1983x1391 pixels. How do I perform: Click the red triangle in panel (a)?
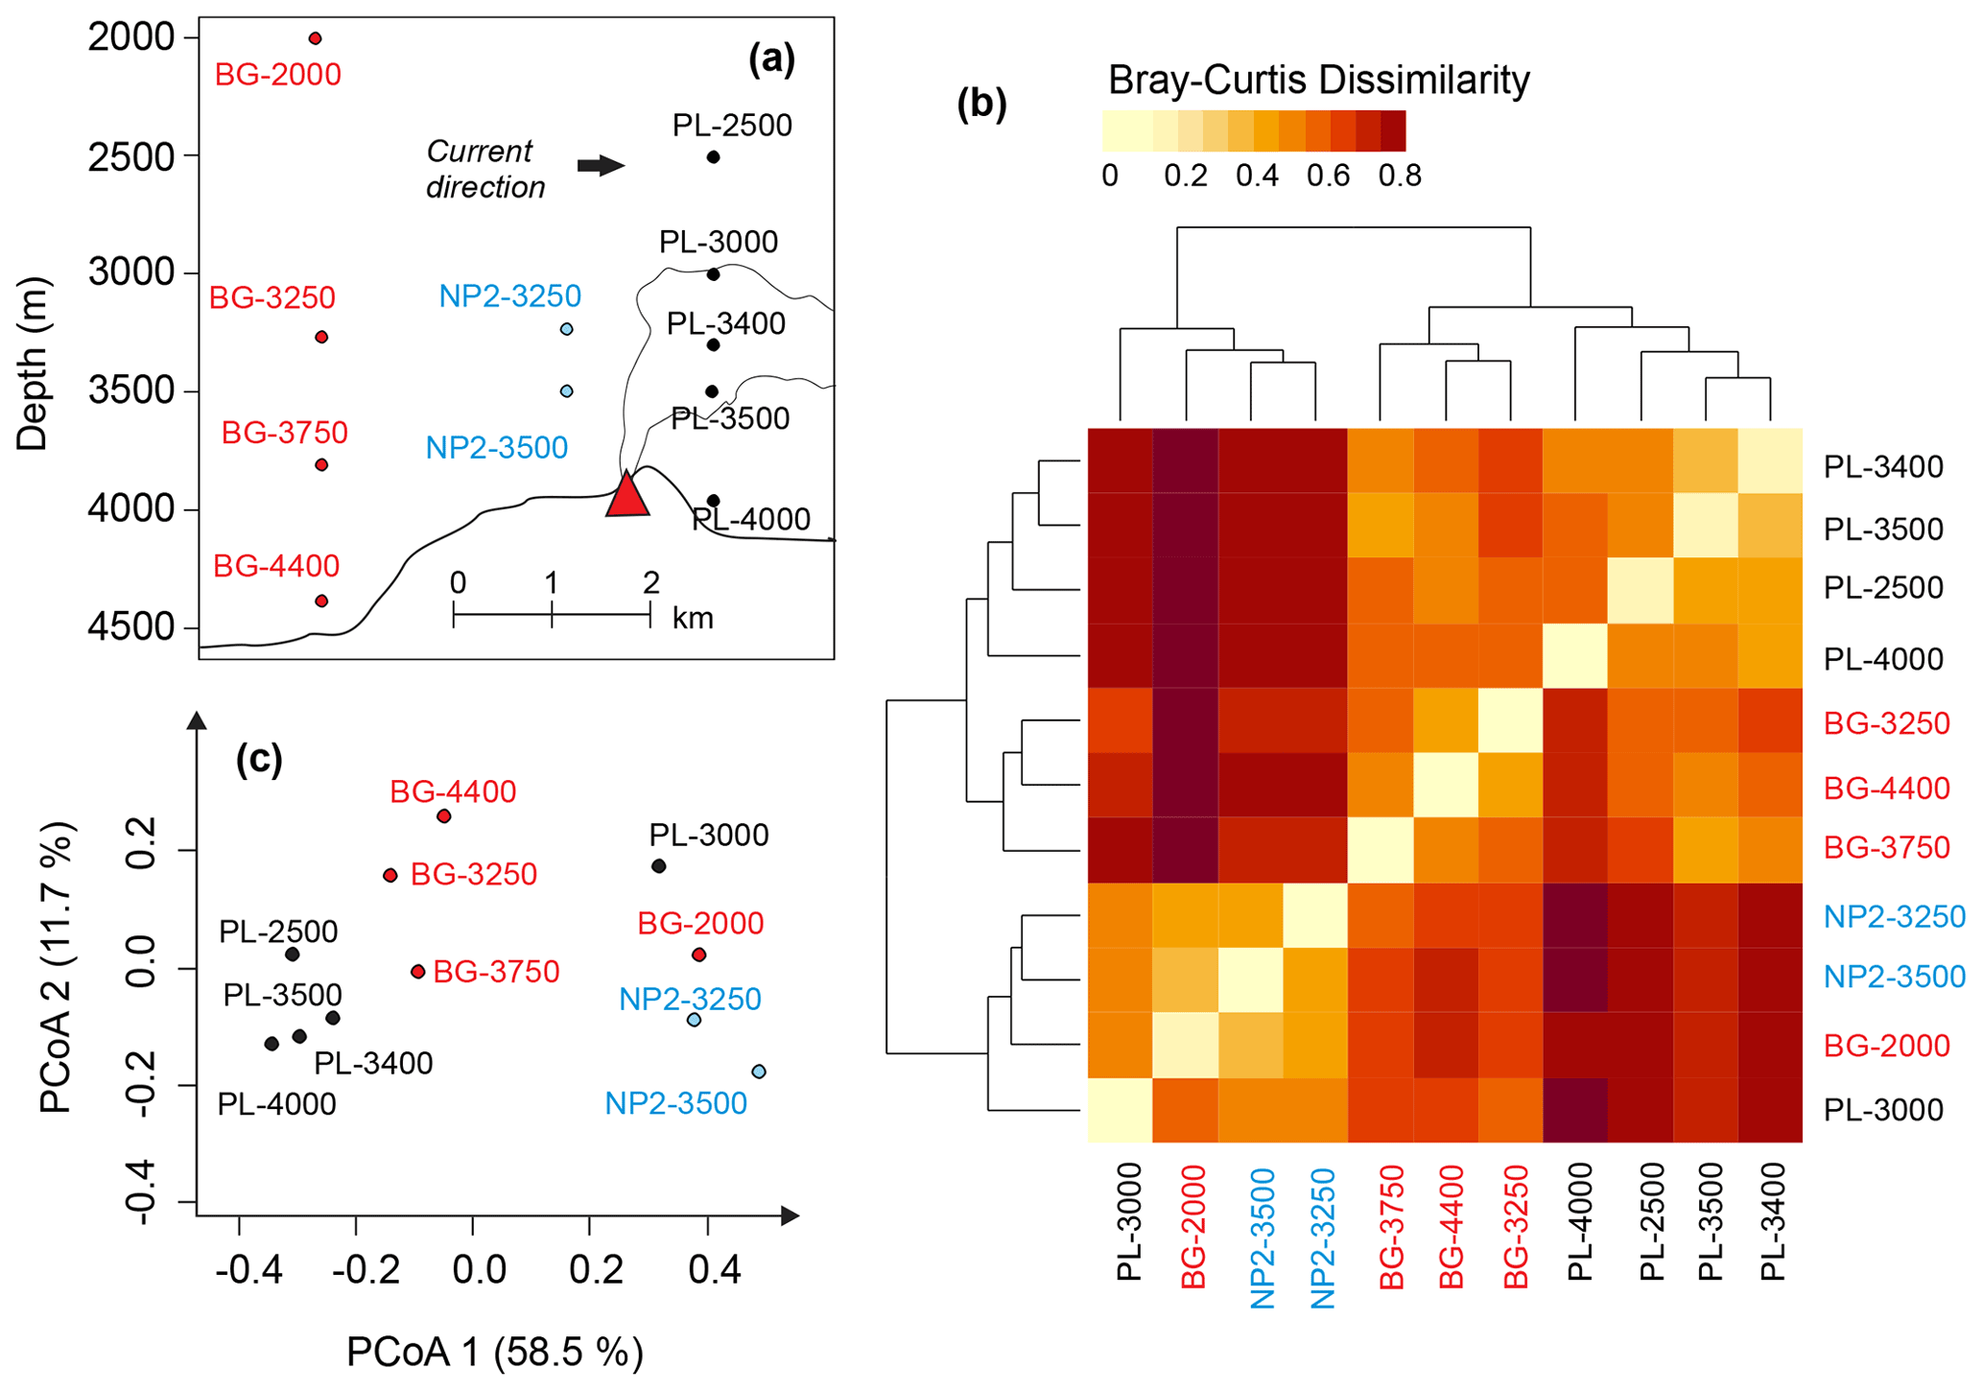[x=627, y=497]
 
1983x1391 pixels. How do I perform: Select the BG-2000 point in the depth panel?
[x=315, y=38]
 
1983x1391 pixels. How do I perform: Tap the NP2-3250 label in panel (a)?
[x=509, y=296]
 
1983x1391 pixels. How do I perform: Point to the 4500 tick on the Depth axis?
[x=131, y=627]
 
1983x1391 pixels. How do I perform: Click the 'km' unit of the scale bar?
[x=693, y=619]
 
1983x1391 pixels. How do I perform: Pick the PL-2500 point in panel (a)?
[x=713, y=157]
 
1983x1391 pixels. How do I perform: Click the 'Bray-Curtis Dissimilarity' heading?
[x=1318, y=81]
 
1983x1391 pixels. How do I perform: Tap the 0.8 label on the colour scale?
[x=1400, y=177]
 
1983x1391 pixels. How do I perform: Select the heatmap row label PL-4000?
[x=1882, y=659]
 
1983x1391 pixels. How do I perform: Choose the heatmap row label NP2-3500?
[x=1894, y=977]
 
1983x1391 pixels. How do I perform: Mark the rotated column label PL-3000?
[x=1130, y=1221]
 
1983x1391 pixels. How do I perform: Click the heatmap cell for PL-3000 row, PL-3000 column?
[x=1121, y=1110]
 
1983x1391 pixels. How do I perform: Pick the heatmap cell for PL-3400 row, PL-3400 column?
[x=1770, y=460]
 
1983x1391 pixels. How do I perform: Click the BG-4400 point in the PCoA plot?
[x=443, y=816]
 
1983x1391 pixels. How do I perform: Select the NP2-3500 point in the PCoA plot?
[x=759, y=1072]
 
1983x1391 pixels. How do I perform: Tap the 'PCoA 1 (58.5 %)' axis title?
[x=494, y=1352]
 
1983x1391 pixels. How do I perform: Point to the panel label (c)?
[x=259, y=759]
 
